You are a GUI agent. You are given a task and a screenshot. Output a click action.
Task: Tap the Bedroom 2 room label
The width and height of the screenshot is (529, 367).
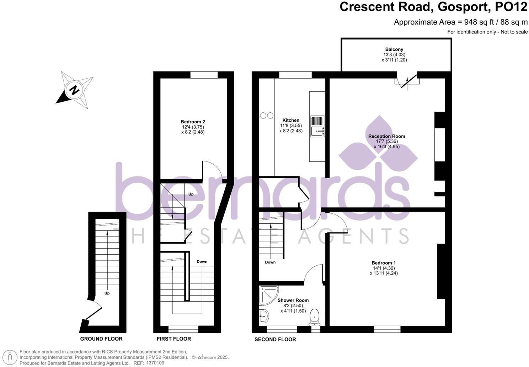[x=193, y=122]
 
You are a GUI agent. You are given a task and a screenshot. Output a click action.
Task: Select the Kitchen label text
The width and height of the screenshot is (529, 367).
[x=291, y=120]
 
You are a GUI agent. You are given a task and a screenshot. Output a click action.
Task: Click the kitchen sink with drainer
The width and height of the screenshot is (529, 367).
[x=317, y=126]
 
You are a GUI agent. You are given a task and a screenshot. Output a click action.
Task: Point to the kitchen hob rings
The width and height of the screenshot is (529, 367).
[x=267, y=116]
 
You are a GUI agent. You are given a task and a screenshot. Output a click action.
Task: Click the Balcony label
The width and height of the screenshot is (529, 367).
[x=394, y=49]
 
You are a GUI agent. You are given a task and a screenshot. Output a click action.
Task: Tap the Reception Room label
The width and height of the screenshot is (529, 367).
[x=386, y=136]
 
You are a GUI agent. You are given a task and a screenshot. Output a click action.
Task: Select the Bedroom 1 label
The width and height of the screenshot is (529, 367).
[x=384, y=263]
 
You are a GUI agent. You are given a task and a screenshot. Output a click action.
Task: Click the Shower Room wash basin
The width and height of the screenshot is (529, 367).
[x=263, y=314]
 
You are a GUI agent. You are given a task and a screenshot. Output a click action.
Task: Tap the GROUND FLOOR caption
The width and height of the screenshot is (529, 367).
[x=101, y=339]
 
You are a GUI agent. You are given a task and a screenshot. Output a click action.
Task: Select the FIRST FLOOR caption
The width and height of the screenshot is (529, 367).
[x=174, y=339]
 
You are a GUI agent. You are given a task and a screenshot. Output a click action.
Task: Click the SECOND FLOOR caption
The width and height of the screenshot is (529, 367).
[x=275, y=340]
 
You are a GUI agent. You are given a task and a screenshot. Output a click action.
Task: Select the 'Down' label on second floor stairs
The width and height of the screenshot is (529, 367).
[x=270, y=262]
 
